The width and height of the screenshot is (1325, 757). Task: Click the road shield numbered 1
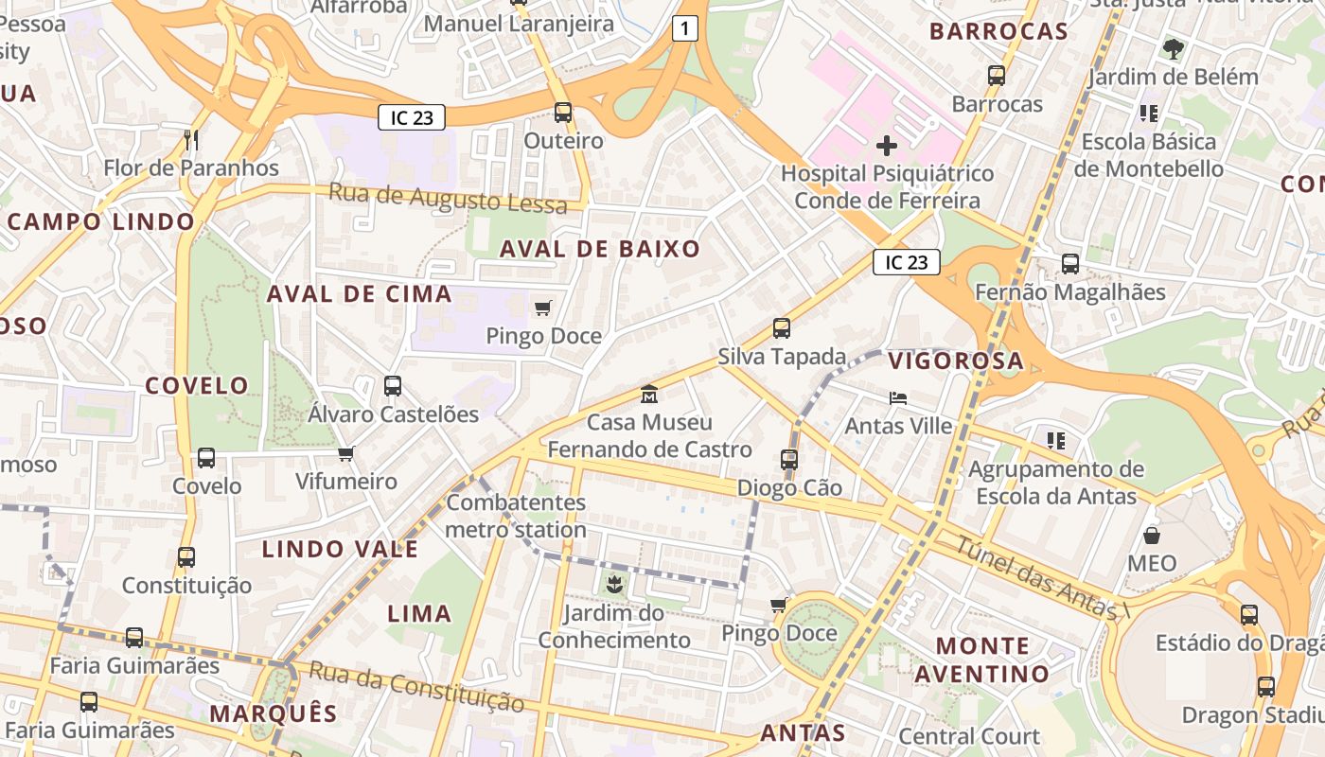tap(685, 29)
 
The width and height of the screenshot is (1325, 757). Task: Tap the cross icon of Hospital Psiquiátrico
tap(887, 146)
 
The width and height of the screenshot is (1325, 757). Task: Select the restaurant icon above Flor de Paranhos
tap(191, 140)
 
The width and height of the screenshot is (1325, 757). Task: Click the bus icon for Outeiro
tap(563, 113)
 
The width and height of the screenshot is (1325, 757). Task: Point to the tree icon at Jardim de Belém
tap(1173, 48)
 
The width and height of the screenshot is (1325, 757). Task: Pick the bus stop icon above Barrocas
tap(997, 76)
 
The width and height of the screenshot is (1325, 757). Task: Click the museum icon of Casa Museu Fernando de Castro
tap(649, 393)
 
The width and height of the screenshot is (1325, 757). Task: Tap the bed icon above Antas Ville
tap(898, 397)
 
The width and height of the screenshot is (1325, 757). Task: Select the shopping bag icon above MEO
tap(1152, 536)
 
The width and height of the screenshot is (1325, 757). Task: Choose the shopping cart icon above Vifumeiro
tap(346, 453)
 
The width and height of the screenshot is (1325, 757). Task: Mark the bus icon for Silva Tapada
tap(782, 328)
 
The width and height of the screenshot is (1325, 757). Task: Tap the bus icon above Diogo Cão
tap(789, 460)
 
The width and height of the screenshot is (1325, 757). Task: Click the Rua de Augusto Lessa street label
tap(448, 199)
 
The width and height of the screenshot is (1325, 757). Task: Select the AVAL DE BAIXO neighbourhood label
tap(600, 250)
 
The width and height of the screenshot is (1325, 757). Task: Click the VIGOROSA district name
tap(956, 361)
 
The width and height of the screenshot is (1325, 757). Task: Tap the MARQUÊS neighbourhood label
tap(274, 713)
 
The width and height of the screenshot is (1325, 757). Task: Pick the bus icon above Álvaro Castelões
tap(393, 386)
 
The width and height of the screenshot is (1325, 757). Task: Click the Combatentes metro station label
tap(516, 516)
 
